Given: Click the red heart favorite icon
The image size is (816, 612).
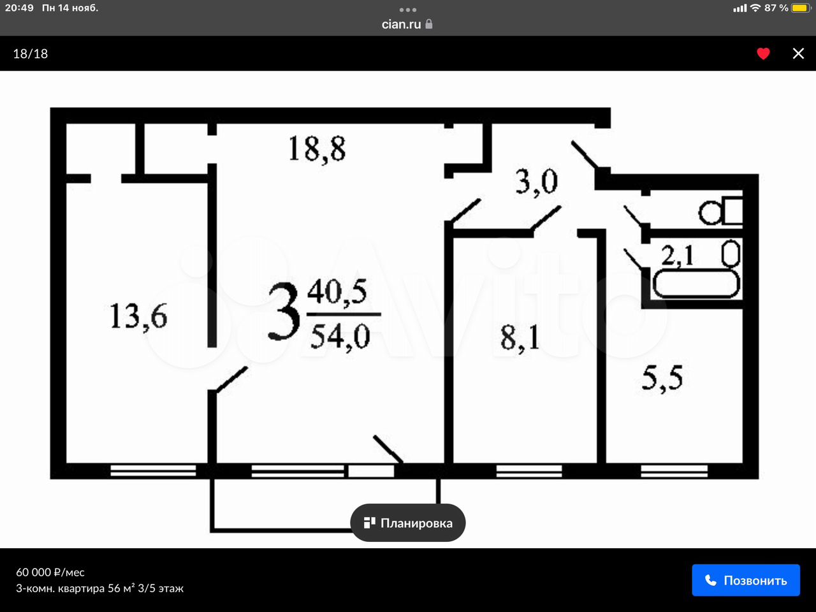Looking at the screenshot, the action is [x=763, y=54].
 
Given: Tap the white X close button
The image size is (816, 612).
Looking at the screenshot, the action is [x=798, y=54].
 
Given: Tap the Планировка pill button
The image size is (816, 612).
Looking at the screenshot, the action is [x=408, y=523].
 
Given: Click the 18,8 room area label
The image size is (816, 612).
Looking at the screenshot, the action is [x=317, y=149].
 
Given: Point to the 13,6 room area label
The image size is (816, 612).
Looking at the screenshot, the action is [x=138, y=316].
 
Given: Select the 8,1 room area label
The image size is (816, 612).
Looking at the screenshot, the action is [x=520, y=338].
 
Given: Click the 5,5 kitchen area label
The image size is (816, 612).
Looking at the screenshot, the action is [x=662, y=378].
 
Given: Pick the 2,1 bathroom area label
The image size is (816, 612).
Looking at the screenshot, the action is [x=677, y=256].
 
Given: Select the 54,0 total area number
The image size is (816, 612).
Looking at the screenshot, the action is [x=340, y=337].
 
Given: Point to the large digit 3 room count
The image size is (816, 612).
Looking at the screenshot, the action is [x=284, y=311].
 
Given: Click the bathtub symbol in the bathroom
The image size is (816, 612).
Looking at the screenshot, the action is [x=696, y=284].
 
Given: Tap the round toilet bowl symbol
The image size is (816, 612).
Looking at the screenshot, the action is [x=710, y=214].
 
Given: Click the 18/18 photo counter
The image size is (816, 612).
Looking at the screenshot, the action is [x=31, y=54].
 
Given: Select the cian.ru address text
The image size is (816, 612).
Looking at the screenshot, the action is [x=401, y=24].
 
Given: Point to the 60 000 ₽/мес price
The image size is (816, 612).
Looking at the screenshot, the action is [x=50, y=572].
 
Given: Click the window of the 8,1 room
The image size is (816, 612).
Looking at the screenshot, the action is [x=529, y=471].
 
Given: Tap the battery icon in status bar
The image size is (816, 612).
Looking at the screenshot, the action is [x=800, y=8].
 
